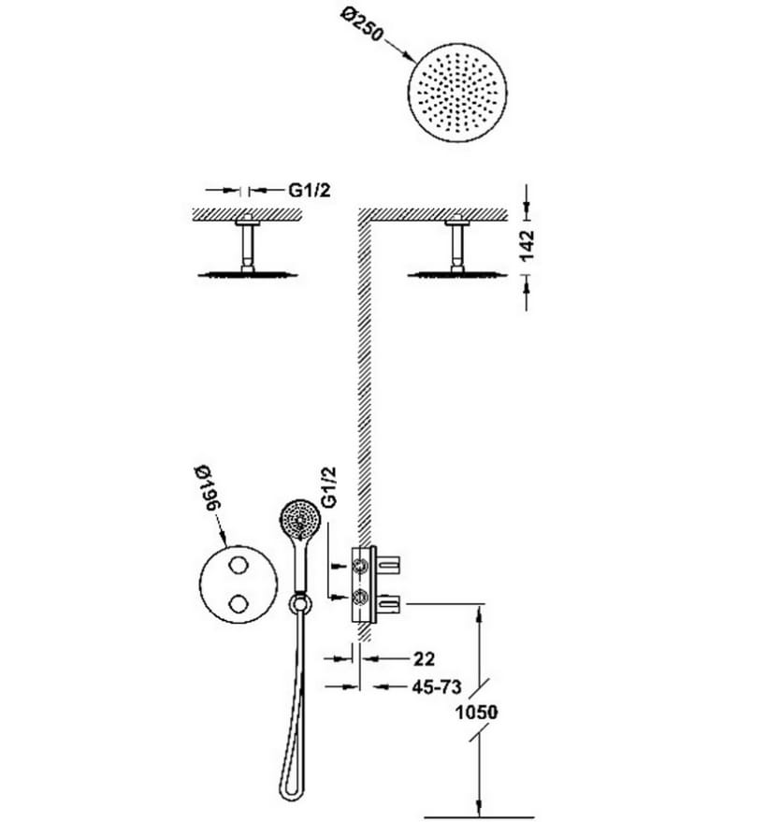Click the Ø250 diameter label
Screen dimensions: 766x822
pyautogui.click(x=362, y=24)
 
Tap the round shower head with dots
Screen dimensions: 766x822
pyautogui.click(x=457, y=93)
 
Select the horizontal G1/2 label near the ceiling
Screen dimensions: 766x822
pyautogui.click(x=310, y=190)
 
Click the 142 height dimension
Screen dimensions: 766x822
pyautogui.click(x=526, y=245)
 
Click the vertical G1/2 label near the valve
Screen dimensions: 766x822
pyautogui.click(x=328, y=487)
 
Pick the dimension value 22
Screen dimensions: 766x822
pyautogui.click(x=424, y=659)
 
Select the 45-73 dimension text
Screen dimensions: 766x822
pyautogui.click(x=437, y=686)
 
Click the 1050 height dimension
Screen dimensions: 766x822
pyautogui.click(x=476, y=713)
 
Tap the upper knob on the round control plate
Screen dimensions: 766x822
pyautogui.click(x=239, y=565)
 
